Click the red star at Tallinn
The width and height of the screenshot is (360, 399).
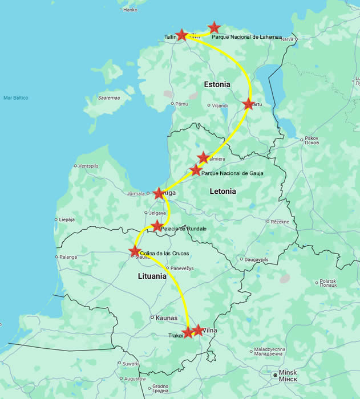tap(182, 35)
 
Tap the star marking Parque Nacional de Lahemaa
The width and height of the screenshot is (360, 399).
tap(214, 27)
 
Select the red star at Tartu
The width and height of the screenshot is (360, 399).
tap(248, 104)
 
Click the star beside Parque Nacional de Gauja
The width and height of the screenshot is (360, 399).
tap(196, 170)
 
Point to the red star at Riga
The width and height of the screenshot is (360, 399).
tap(159, 194)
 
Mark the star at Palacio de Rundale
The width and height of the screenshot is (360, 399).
tap(157, 226)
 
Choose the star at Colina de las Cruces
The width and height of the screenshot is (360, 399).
tap(135, 251)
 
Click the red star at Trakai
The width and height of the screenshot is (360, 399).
tap(188, 332)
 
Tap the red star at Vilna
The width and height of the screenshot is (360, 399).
tap(198, 329)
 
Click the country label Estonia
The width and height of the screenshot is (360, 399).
tap(217, 84)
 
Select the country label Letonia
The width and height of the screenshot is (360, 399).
tap(223, 192)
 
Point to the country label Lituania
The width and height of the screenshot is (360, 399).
tap(152, 276)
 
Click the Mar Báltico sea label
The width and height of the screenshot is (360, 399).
tap(15, 97)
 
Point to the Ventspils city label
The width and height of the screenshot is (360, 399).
tap(88, 166)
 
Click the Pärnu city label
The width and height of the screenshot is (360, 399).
tap(182, 104)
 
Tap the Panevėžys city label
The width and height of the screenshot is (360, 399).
tap(184, 268)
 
